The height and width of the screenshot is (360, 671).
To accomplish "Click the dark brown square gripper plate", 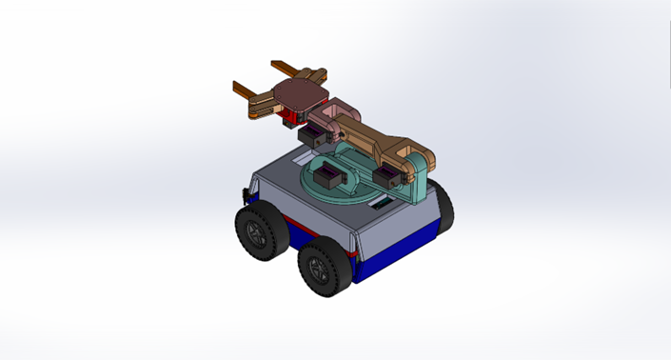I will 298,93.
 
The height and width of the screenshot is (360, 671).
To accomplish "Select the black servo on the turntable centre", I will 329,177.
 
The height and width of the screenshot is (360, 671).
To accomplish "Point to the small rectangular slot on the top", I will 382,205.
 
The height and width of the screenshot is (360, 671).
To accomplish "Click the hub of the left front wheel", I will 254,234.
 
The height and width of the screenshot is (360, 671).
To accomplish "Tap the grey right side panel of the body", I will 400,229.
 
